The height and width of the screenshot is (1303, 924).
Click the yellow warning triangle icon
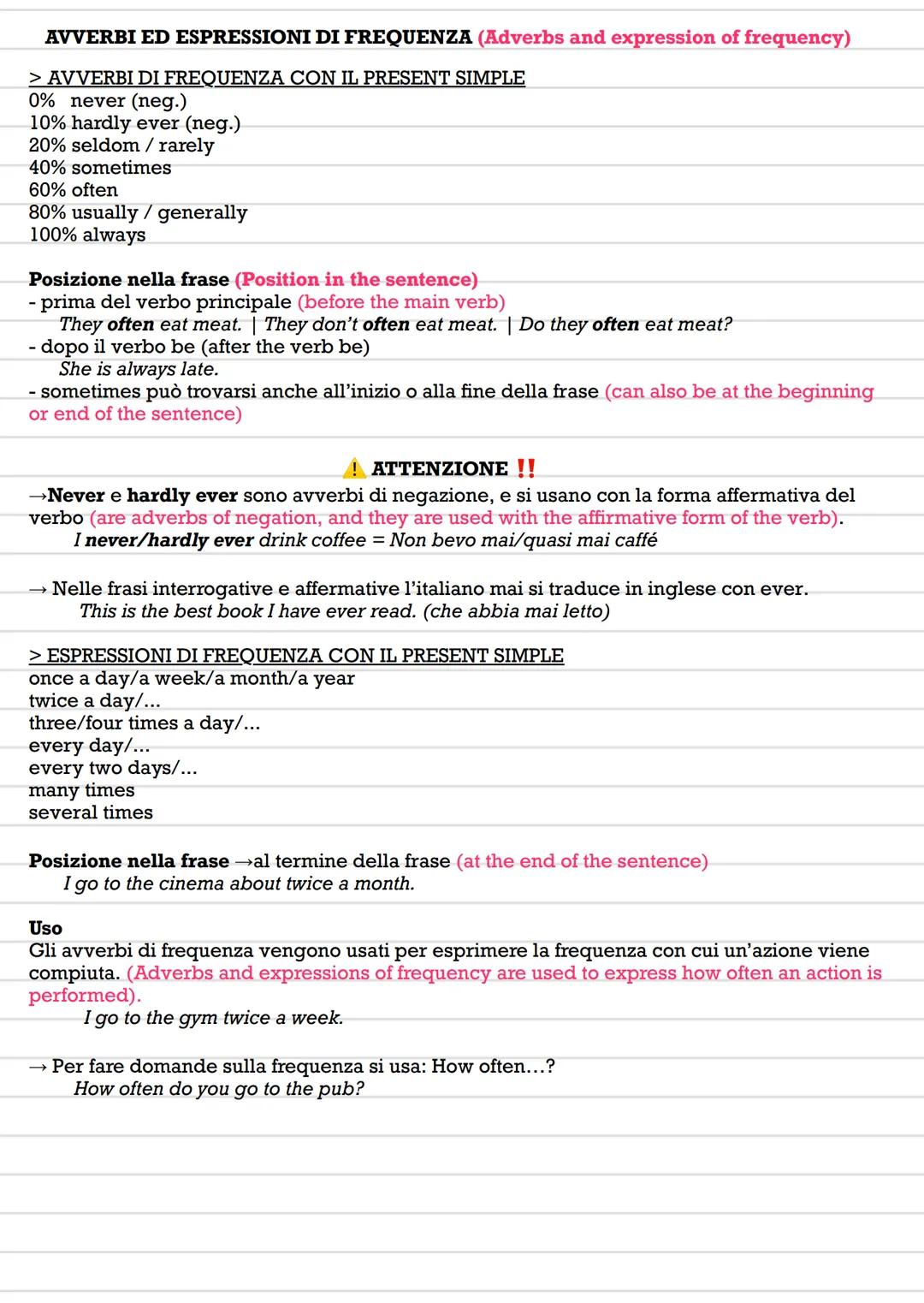point(354,468)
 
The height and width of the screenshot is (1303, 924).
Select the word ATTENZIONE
point(440,469)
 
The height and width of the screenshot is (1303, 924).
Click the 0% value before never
point(41,101)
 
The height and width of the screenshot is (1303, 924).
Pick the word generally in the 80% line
point(202,212)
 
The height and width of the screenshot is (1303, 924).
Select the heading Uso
point(45,928)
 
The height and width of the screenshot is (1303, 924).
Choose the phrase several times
point(91,812)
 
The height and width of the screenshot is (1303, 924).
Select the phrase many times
point(81,790)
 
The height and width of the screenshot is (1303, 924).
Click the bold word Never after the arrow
point(76,496)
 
